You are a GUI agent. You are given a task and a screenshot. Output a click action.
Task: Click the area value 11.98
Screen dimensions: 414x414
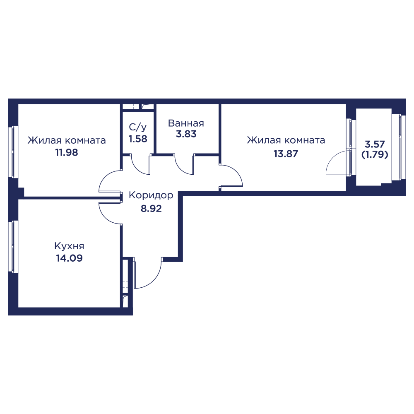click(x=67, y=152)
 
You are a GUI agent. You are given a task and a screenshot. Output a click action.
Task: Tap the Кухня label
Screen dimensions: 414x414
click(x=69, y=246)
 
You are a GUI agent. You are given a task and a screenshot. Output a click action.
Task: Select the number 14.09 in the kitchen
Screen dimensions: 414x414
click(x=69, y=258)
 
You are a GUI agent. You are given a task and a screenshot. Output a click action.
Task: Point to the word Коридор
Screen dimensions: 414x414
click(x=151, y=196)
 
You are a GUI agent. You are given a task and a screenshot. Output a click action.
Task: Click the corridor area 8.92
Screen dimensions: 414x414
click(x=151, y=209)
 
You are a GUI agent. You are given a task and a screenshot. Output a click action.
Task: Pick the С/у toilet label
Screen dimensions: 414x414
click(x=137, y=127)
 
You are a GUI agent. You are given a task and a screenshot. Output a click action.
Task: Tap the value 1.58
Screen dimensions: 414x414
click(x=138, y=139)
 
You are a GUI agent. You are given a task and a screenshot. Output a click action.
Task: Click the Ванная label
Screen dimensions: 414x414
click(x=186, y=123)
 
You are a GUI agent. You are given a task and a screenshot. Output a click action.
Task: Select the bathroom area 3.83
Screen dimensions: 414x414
click(x=186, y=134)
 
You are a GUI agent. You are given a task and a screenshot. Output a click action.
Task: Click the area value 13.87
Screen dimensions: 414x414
click(x=286, y=154)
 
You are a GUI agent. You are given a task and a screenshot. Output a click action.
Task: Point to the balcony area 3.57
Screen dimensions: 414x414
click(x=375, y=144)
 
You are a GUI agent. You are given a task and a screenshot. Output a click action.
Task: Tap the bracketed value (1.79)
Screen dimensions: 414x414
click(x=375, y=154)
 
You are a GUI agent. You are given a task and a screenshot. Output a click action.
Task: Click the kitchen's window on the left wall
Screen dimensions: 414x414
click(x=13, y=246)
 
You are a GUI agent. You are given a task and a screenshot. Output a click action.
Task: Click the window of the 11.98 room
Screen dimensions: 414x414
click(x=13, y=151)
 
